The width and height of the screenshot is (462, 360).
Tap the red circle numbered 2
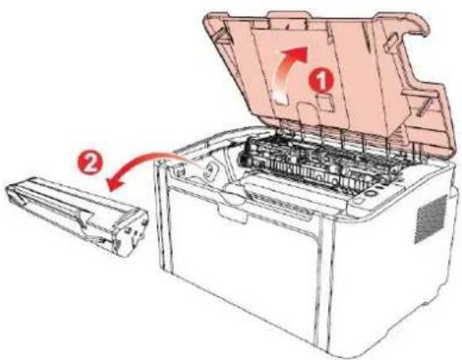(x=90, y=164)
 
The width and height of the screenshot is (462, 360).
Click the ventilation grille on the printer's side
(x=431, y=218)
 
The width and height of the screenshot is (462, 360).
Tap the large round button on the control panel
(x=371, y=192)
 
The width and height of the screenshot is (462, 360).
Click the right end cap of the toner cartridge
(x=131, y=231)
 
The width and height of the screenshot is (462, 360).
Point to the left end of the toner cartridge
(x=14, y=192)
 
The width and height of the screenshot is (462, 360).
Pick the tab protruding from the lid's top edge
(x=288, y=14)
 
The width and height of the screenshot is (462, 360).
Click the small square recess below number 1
(x=326, y=102)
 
